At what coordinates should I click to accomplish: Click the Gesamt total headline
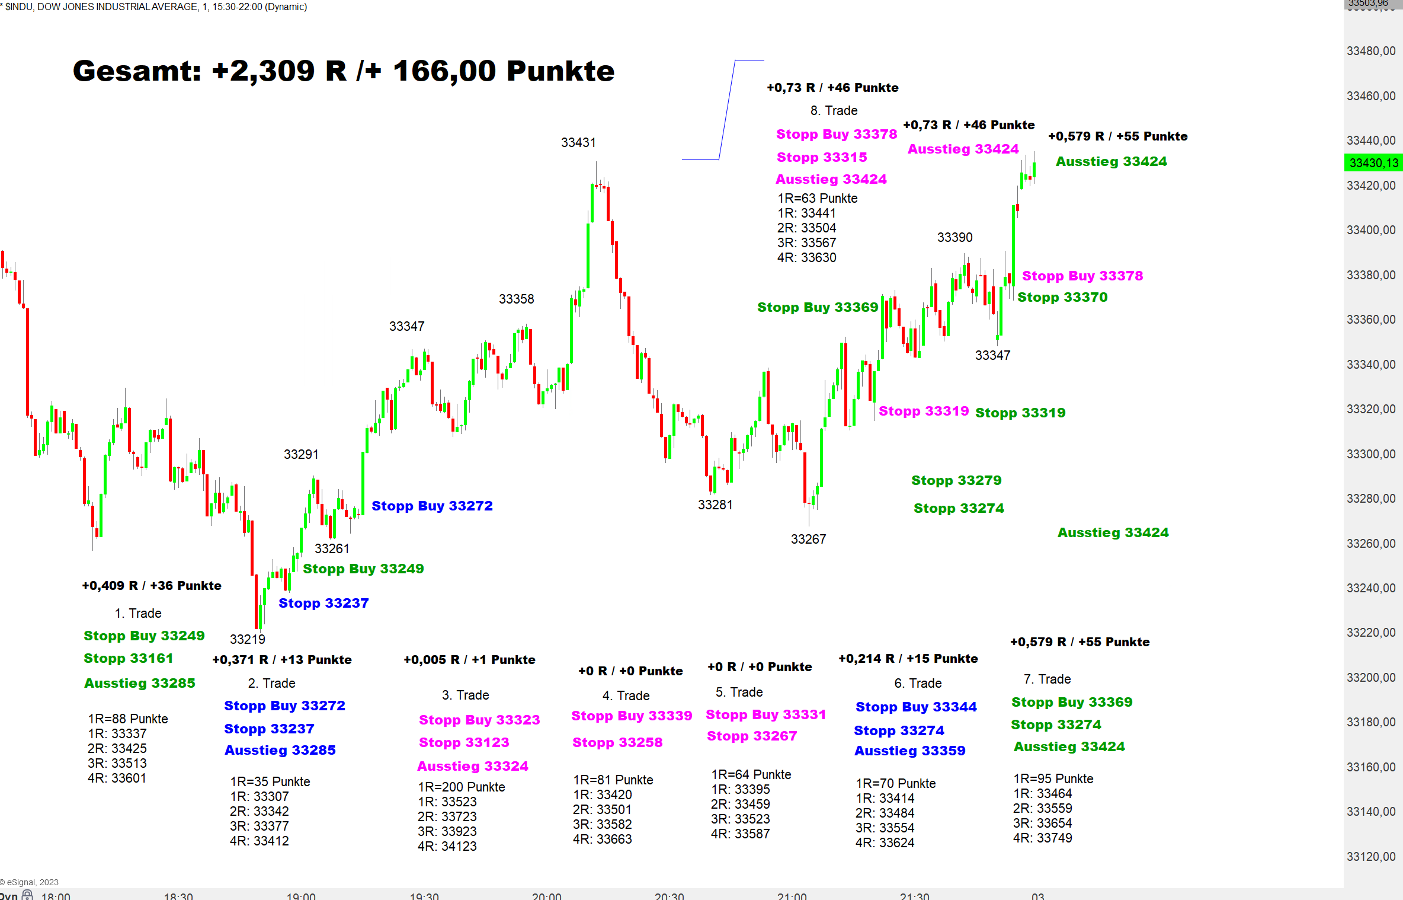[344, 71]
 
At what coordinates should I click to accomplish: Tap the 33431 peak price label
[578, 143]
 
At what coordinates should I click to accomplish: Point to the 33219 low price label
[248, 639]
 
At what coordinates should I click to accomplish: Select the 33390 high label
[954, 238]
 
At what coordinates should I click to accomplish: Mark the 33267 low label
[808, 540]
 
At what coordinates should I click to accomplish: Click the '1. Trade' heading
[138, 613]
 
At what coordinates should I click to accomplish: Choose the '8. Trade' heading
[834, 111]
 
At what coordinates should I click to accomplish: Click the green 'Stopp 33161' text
[129, 658]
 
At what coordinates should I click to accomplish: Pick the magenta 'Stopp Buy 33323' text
[479, 720]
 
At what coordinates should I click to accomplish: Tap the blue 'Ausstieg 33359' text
[909, 751]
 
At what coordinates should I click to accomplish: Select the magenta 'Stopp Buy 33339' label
[632, 716]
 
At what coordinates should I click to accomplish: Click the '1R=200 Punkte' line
[462, 787]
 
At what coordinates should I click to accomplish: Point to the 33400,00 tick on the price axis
[1371, 230]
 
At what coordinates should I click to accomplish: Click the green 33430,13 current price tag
[1373, 163]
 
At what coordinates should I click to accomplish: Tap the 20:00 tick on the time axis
[546, 895]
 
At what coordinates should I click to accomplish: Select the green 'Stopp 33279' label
[956, 480]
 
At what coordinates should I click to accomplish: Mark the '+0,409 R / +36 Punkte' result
[152, 586]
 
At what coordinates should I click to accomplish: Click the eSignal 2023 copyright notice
[30, 882]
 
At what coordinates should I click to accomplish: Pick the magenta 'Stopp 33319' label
[924, 411]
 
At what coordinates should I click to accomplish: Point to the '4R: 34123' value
[447, 846]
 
